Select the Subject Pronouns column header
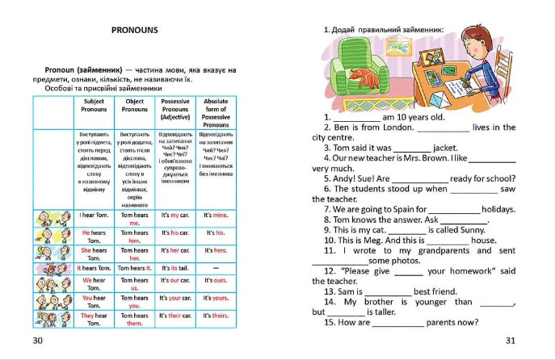pos(94,106)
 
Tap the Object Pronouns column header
pos(135,106)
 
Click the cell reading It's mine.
pos(216,216)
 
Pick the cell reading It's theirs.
pos(216,316)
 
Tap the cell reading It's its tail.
pos(175,267)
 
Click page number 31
pos(509,340)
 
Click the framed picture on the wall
pos(398,45)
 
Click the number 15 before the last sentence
pos(329,322)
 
